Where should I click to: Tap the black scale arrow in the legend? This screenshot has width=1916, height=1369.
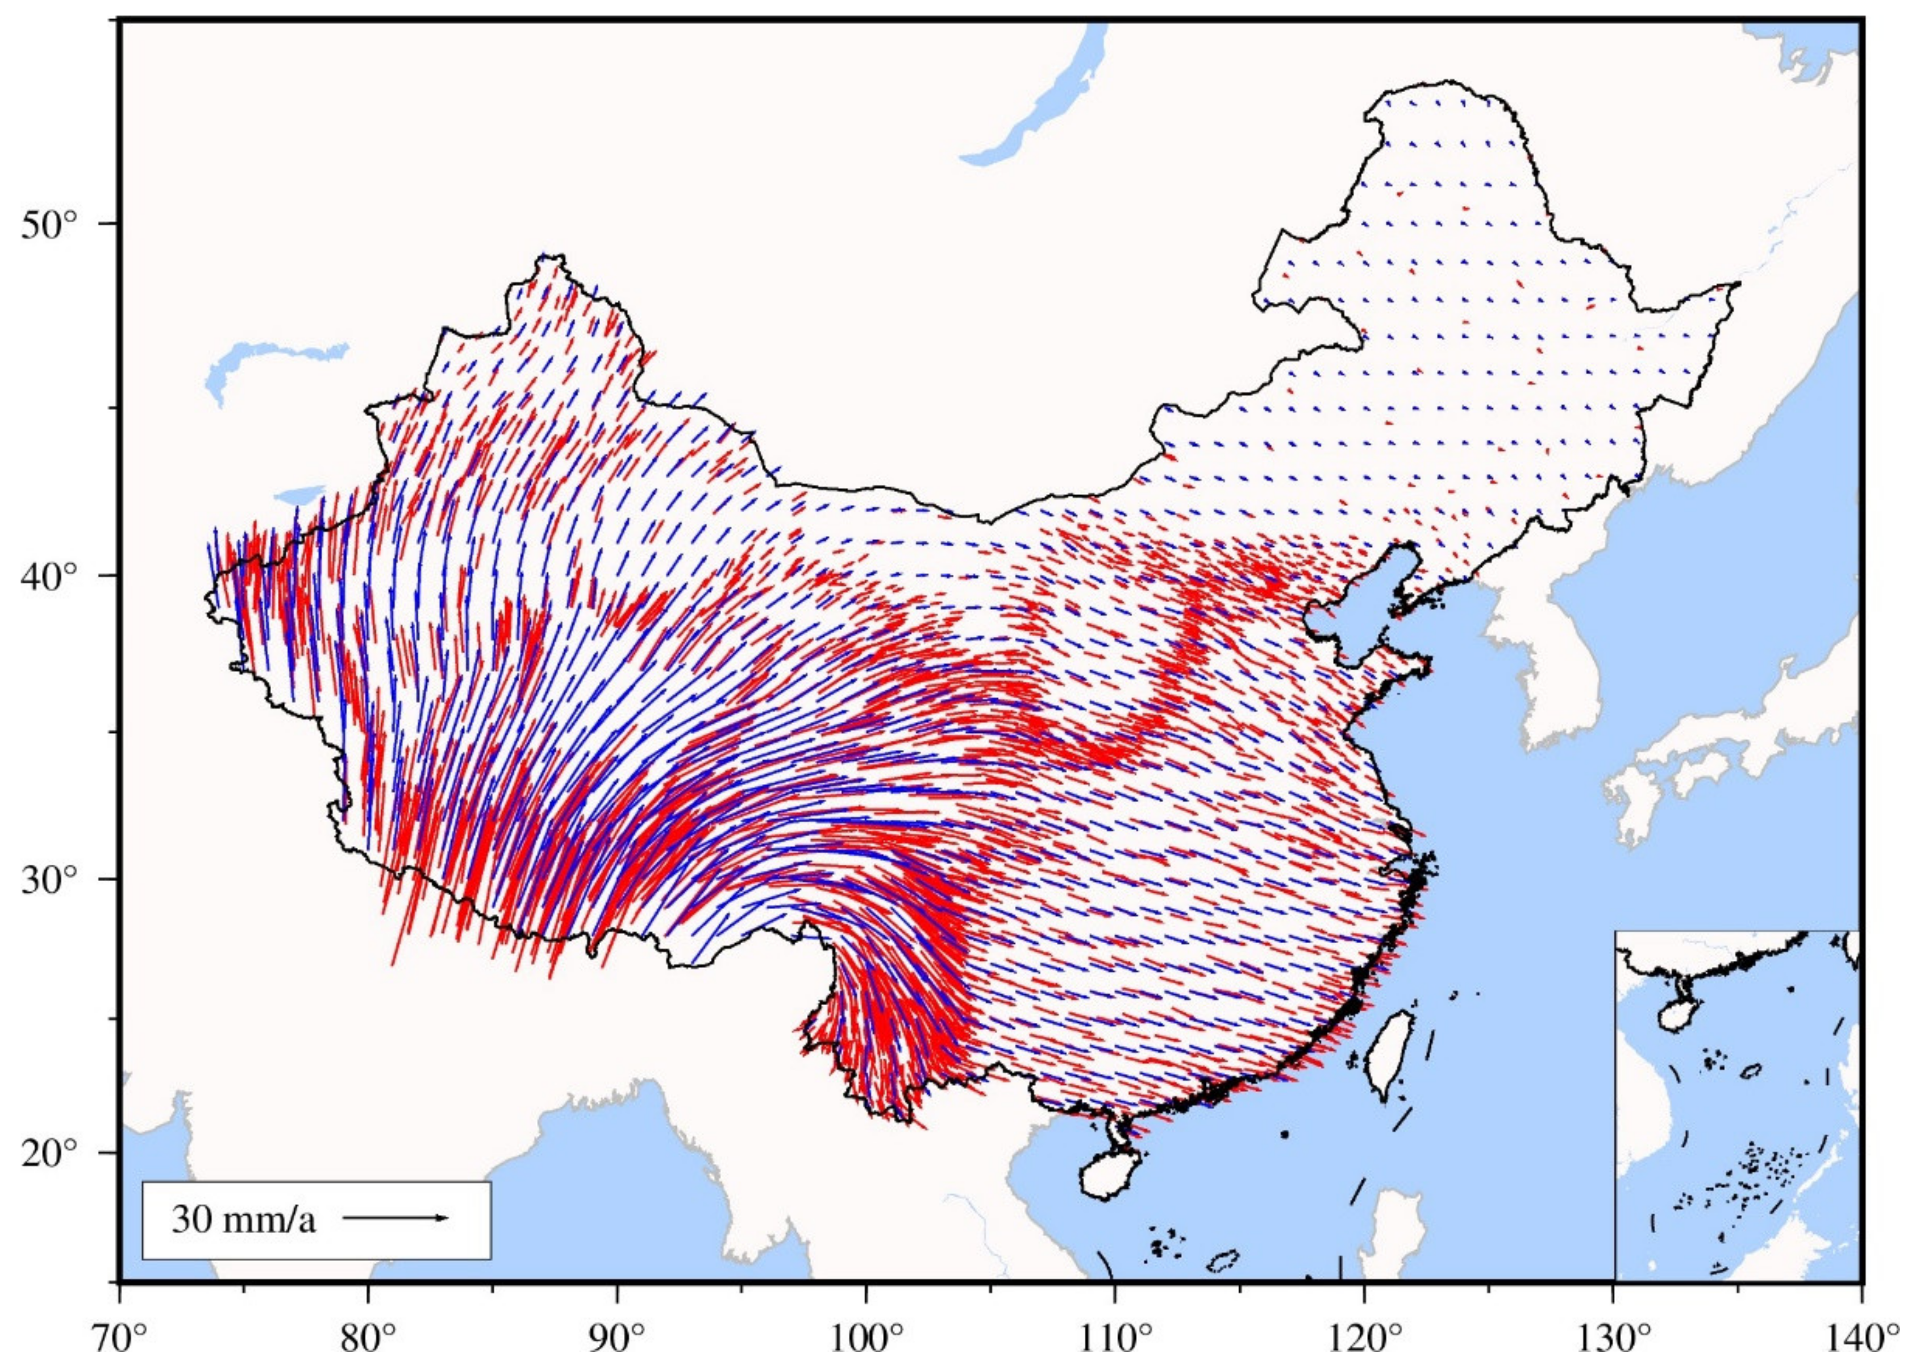(396, 1217)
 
